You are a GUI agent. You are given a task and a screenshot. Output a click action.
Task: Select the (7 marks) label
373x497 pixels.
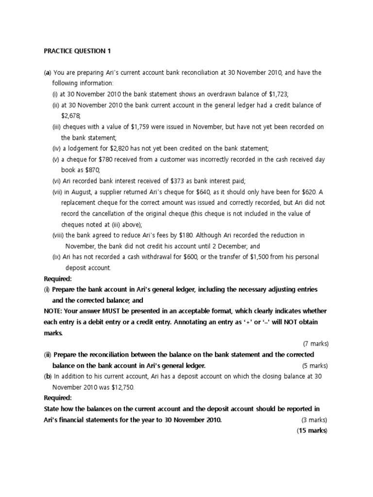click(315, 343)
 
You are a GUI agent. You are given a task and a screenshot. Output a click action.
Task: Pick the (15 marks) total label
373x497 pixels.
click(312, 431)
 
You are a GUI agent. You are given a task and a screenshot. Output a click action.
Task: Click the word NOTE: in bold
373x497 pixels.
click(53, 311)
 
